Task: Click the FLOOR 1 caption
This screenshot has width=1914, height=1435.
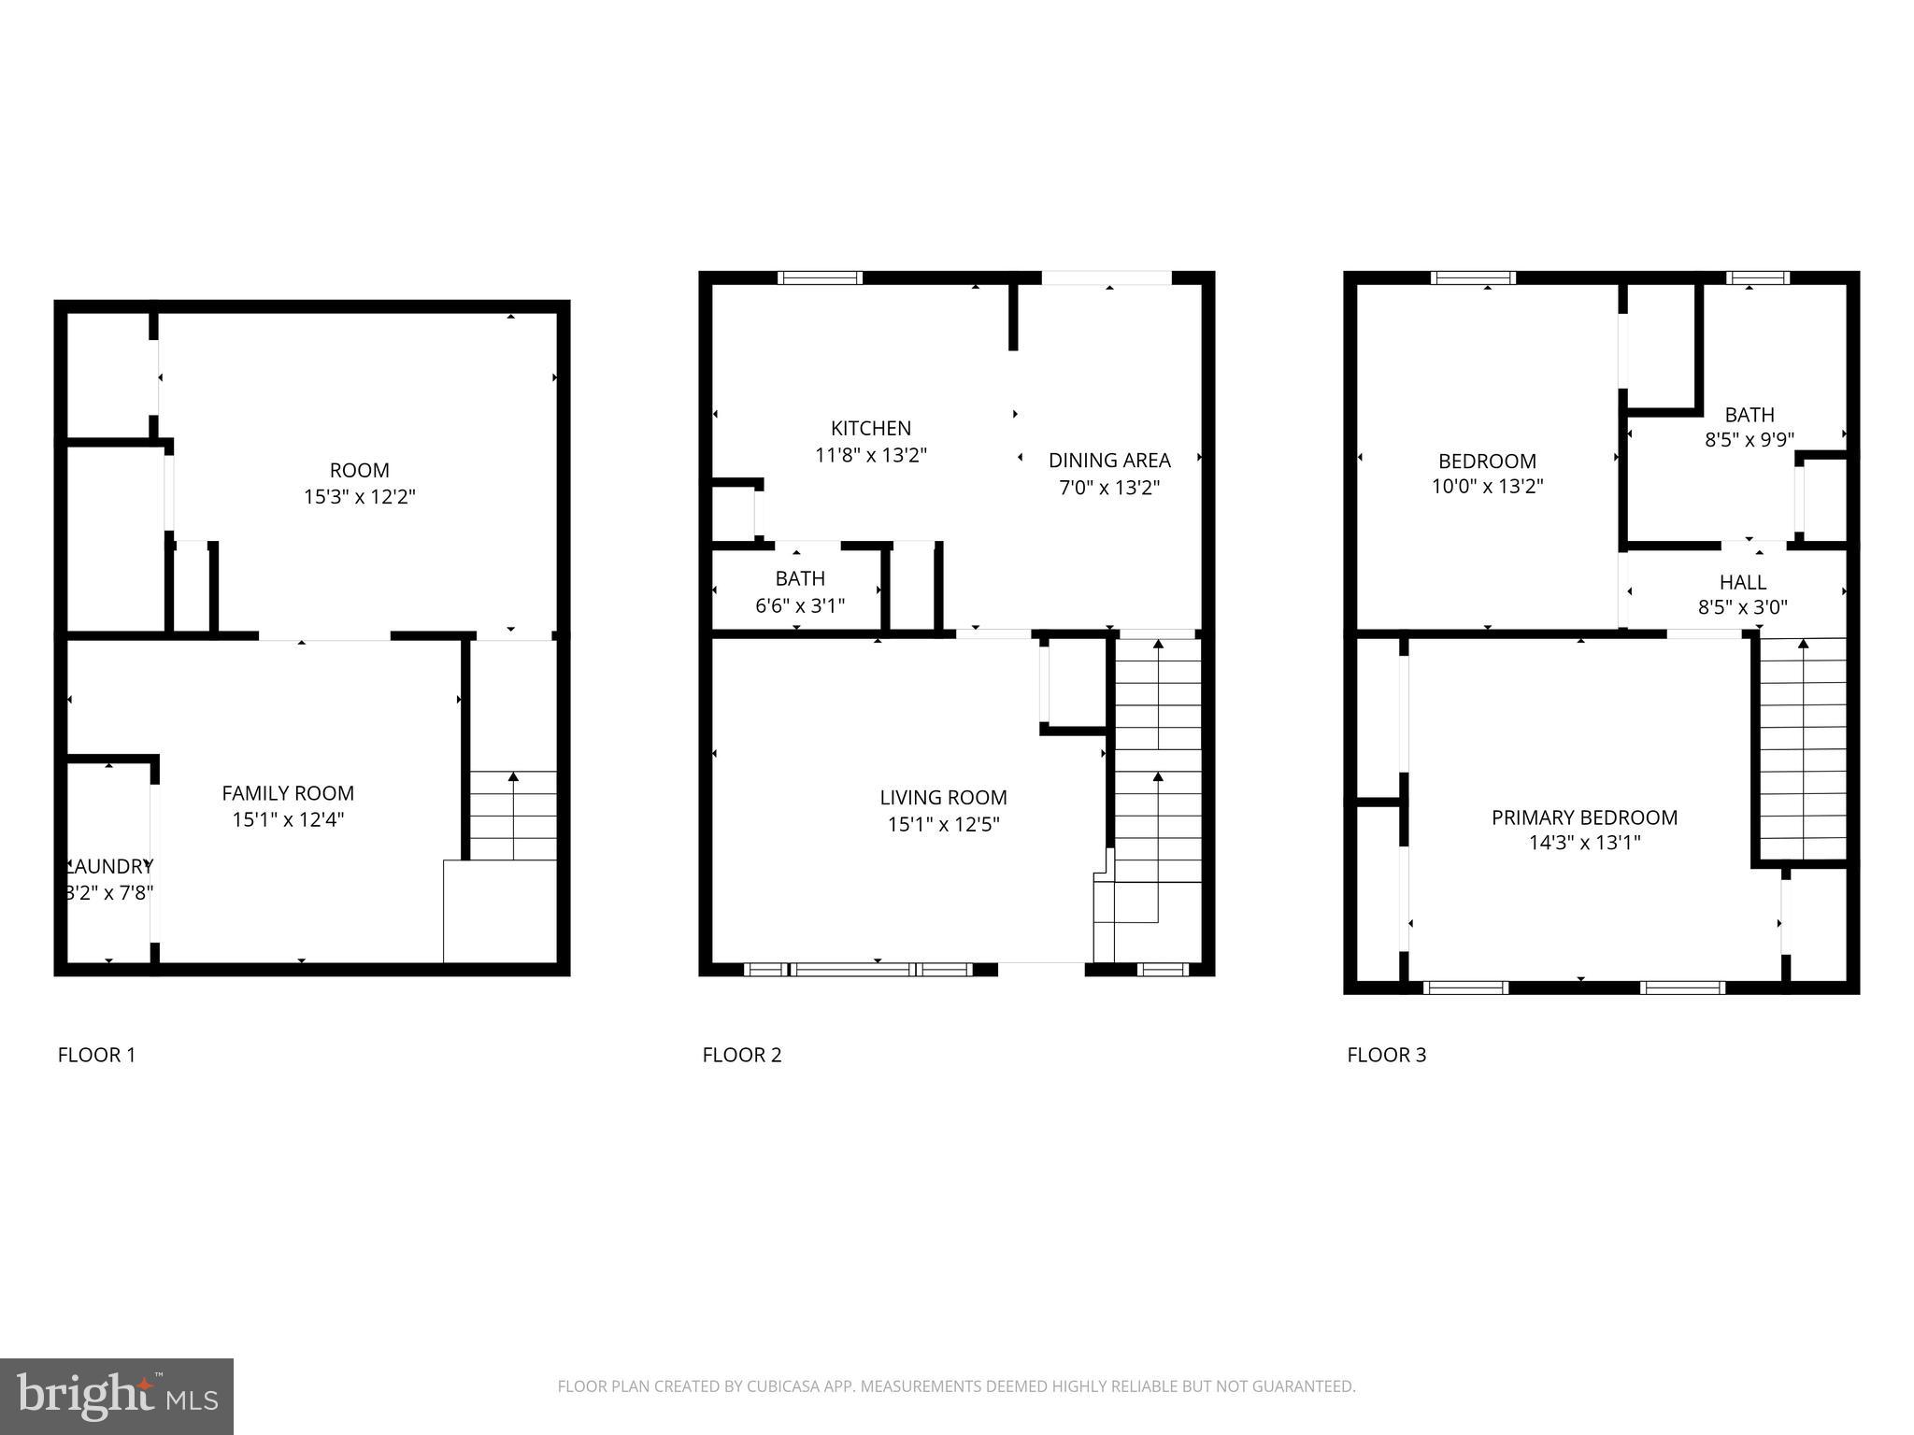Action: pos(96,1055)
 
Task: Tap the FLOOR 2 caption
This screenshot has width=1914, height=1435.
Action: pos(741,1055)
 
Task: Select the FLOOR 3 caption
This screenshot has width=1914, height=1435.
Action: pos(1386,1055)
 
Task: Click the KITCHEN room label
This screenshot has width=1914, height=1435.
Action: pos(870,428)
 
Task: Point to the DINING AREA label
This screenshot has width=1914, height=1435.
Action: pos(1109,460)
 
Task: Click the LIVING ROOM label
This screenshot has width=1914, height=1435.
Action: pos(943,797)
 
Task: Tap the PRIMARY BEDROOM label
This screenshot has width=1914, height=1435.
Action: pos(1584,817)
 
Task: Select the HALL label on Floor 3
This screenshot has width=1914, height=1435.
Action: pos(1742,582)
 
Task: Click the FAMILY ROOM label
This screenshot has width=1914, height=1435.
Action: pos(288,793)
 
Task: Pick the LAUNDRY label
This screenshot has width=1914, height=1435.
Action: pos(110,866)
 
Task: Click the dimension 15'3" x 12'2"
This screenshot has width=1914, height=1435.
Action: pos(359,496)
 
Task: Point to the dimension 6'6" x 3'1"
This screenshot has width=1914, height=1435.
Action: pos(799,605)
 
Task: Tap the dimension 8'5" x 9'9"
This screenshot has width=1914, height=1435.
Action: pos(1749,440)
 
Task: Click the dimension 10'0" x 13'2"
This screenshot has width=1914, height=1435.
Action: pos(1487,486)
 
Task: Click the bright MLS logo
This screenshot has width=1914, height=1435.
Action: pos(117,1397)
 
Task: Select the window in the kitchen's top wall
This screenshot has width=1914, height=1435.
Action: pos(820,277)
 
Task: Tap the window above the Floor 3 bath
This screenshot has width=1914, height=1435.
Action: pos(1756,277)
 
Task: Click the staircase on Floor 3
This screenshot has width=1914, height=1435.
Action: pos(1803,747)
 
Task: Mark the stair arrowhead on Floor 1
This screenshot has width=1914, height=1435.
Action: pos(513,776)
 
